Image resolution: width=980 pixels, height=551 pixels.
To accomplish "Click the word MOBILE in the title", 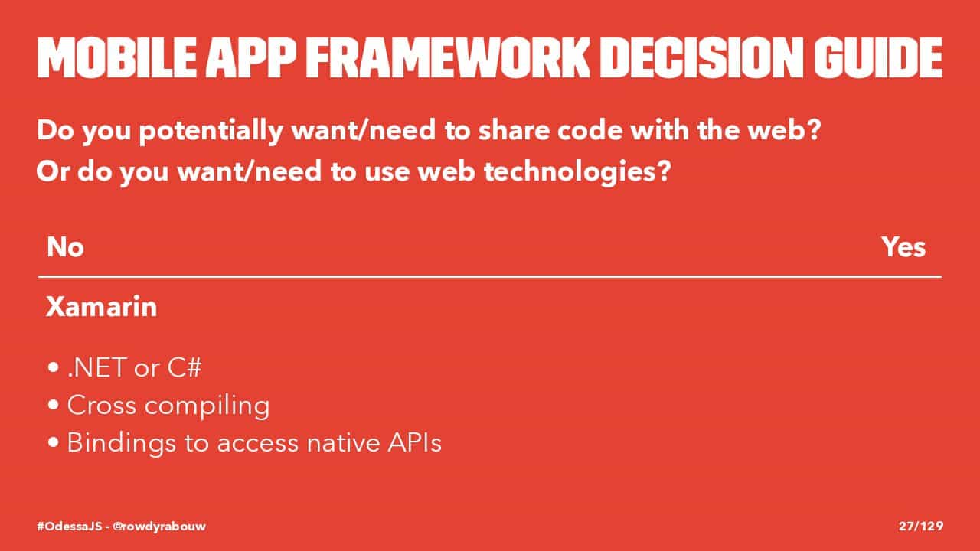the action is point(117,57).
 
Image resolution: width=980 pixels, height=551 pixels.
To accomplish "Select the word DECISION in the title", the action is point(701,57).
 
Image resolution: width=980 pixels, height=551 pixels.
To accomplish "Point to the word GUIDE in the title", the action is point(878,57).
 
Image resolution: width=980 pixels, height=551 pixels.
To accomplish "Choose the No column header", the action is point(65,247).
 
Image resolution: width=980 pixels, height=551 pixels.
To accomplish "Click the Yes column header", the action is point(903,247).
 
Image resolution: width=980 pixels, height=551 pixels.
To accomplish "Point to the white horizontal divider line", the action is point(490,277).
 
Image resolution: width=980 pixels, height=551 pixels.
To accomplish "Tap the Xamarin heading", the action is point(102,307).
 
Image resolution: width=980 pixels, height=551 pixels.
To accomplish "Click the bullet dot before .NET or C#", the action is point(54,367).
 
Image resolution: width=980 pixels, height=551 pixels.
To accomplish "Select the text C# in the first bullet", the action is point(185,367).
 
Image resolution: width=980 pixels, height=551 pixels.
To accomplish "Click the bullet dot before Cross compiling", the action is point(54,406).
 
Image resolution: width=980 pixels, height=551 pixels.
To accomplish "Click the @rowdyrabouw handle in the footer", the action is point(159,526).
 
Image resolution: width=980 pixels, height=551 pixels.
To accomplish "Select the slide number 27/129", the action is point(921,526).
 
